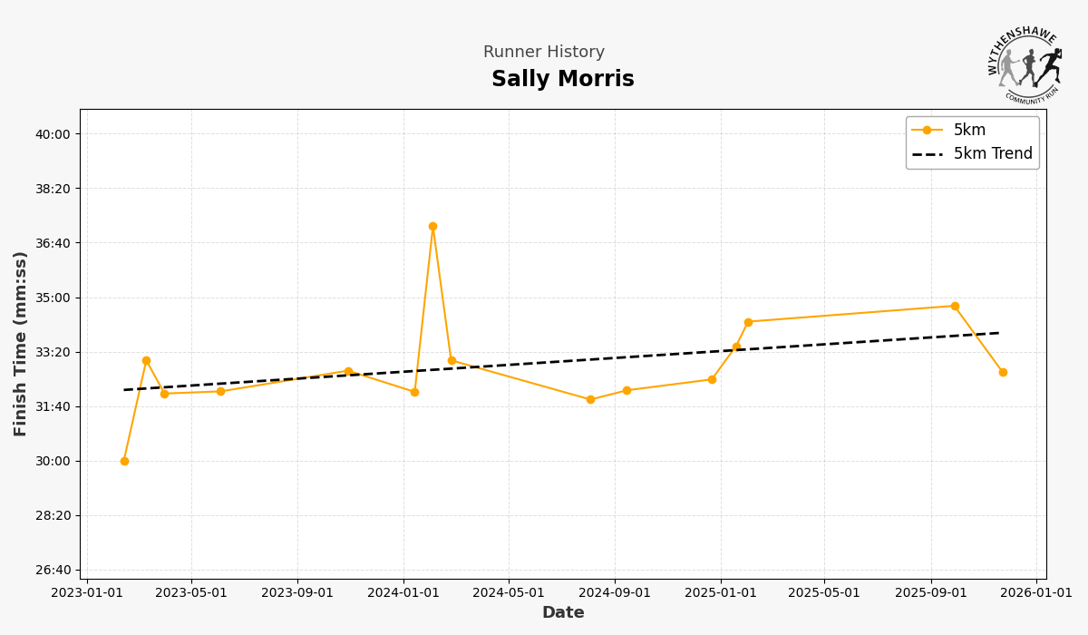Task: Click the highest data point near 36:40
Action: (x=432, y=226)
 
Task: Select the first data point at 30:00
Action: (x=124, y=461)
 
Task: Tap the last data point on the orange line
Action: (x=1003, y=372)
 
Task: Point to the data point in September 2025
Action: (x=955, y=306)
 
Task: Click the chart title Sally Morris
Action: (x=562, y=80)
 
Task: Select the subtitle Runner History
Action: (x=543, y=53)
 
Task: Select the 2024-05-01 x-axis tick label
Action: (x=509, y=593)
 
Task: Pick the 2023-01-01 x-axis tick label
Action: (x=86, y=593)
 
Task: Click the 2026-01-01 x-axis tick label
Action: (x=1036, y=593)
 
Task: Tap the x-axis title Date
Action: (x=563, y=613)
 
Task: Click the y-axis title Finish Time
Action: (x=21, y=343)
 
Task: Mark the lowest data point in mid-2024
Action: (x=590, y=399)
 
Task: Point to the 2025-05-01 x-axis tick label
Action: (x=824, y=593)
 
